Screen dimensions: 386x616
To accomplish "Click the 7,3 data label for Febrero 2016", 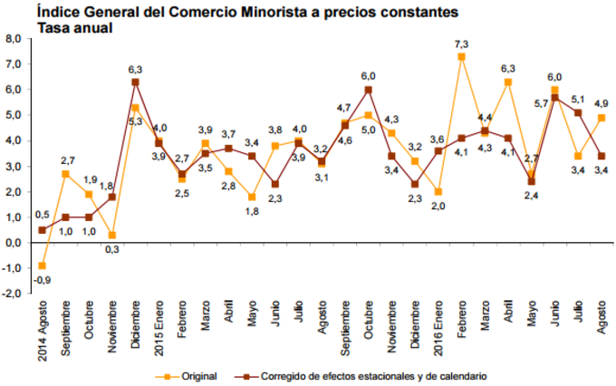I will click(461, 44).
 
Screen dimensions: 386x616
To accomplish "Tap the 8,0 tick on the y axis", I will click(12, 39).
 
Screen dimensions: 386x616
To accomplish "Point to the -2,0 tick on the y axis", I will click(11, 294).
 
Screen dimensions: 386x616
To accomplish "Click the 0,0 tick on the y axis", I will click(12, 243).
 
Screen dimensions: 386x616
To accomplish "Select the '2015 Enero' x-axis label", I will click(159, 329).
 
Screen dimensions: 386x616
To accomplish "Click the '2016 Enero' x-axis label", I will click(438, 329).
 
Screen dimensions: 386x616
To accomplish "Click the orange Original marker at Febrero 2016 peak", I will click(462, 57).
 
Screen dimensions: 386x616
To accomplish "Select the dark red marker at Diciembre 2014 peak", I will click(135, 82).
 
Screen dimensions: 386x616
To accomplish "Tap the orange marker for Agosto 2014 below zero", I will click(42, 265).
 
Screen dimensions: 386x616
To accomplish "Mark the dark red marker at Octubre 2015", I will click(369, 90).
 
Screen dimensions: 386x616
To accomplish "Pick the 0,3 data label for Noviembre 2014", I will click(111, 249).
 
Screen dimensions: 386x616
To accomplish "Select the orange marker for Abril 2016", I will click(508, 82).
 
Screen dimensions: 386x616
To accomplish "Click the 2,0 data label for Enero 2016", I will click(438, 206).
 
